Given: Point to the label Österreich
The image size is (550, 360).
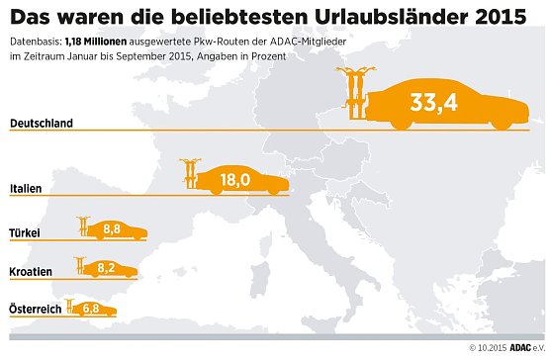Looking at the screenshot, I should point(35,310).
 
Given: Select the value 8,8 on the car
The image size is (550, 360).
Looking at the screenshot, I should point(113,230).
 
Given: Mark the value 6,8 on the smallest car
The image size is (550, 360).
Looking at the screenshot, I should point(92,309).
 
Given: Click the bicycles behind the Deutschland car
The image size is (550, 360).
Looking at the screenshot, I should point(354,97).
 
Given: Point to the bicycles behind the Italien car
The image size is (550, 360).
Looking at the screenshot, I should point(189,174).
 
